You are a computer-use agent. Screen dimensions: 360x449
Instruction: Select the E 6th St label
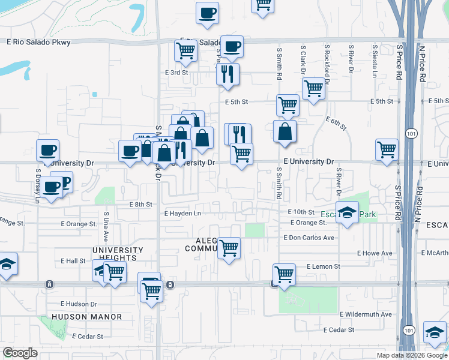[x=337, y=124]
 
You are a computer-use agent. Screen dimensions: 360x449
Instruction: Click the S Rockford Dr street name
[x=327, y=62]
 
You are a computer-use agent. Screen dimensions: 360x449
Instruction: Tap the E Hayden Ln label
[x=182, y=213]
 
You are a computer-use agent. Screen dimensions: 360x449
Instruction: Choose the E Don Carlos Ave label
[x=309, y=238]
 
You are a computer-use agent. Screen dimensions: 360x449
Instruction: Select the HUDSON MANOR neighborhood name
[x=87, y=317]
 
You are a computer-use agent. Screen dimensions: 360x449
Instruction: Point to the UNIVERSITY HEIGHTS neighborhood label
[x=118, y=254]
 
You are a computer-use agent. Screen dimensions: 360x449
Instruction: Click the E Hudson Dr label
[x=79, y=304]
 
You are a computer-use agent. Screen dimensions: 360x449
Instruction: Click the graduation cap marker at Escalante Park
[x=348, y=214]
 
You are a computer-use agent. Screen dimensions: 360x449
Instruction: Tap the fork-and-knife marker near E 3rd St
[x=228, y=75]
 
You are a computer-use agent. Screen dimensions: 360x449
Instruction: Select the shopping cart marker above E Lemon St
[x=284, y=275]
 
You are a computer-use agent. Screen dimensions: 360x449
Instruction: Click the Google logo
[x=20, y=353]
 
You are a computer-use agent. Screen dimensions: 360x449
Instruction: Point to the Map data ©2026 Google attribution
[x=412, y=355]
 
